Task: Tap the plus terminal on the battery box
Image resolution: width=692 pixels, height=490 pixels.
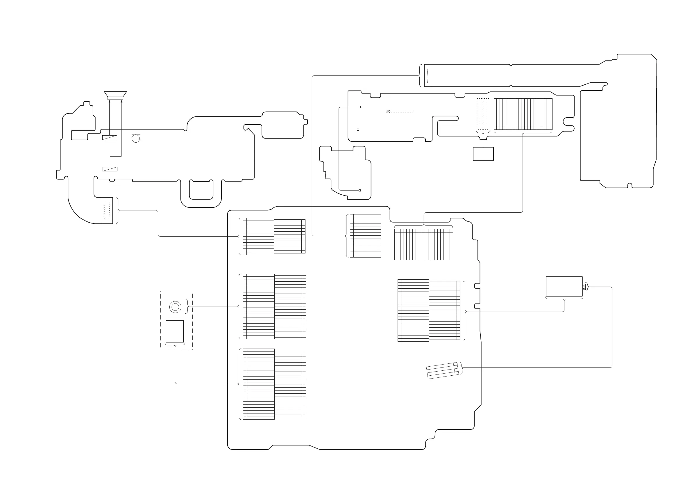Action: [x=584, y=285]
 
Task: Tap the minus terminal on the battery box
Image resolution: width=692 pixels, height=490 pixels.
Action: [x=584, y=288]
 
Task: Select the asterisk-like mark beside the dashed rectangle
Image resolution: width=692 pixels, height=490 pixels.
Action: [x=387, y=112]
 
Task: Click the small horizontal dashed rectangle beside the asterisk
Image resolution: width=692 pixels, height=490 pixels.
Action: [x=401, y=111]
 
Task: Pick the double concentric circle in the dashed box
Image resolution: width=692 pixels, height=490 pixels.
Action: [x=175, y=307]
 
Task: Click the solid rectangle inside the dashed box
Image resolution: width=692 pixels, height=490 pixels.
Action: [x=174, y=331]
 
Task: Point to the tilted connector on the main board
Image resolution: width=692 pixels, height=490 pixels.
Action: [x=442, y=370]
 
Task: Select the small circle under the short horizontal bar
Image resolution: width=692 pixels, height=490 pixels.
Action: [x=136, y=139]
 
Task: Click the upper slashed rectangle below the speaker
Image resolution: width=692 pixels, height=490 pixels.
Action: [x=110, y=138]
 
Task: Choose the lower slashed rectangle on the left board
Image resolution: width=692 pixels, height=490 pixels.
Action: [x=110, y=169]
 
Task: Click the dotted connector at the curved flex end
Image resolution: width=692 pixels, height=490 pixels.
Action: [x=107, y=211]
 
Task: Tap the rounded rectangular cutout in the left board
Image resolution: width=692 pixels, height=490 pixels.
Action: [x=201, y=190]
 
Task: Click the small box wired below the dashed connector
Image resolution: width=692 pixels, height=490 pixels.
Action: [x=483, y=154]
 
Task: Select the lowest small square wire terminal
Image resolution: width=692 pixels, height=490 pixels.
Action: [x=360, y=190]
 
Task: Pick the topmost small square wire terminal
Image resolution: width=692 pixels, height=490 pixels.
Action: [x=360, y=107]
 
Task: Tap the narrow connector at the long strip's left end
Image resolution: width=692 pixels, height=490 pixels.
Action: [x=427, y=75]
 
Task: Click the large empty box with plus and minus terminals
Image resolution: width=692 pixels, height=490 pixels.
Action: [x=564, y=286]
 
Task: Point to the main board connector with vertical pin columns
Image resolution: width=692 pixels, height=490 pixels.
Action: [x=423, y=244]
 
